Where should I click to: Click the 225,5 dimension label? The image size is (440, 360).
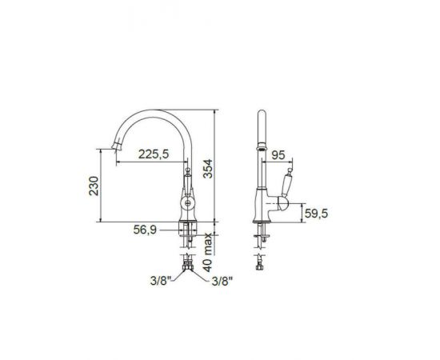(x=154, y=154)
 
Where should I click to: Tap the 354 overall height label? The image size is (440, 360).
(x=208, y=169)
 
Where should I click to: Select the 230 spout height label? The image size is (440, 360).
(x=94, y=186)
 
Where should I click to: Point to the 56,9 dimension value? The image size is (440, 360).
(x=145, y=230)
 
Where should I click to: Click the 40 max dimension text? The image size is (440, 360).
(x=208, y=253)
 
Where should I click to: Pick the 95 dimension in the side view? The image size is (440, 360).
(x=278, y=155)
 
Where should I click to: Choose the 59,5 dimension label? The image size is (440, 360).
(x=316, y=214)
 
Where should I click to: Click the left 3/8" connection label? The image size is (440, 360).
(x=161, y=281)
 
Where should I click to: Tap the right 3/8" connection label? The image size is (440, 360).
(x=222, y=281)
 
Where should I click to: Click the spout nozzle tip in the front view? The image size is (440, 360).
(x=117, y=146)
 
